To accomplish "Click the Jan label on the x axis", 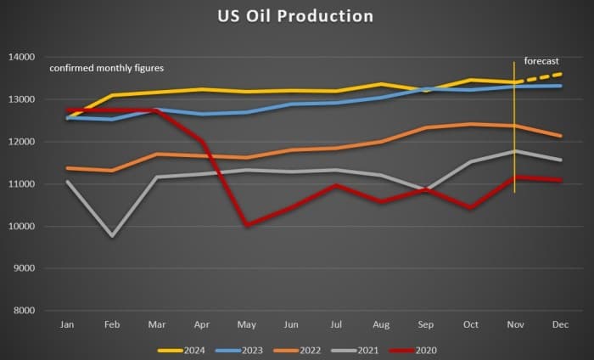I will tap(66, 324).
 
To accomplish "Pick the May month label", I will tap(246, 324).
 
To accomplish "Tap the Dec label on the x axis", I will tap(559, 324).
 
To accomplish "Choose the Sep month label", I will tap(425, 324).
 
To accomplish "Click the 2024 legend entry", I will tap(188, 348).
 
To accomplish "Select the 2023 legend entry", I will tap(245, 348).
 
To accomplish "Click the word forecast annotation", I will tap(542, 60).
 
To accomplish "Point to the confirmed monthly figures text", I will tap(106, 68).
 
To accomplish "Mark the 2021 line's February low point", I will tap(111, 235).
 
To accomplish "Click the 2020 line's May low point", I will tap(246, 225).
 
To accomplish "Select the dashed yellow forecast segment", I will tap(538, 78).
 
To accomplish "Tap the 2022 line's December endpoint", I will tap(559, 136).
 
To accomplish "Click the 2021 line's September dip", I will tap(425, 189).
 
